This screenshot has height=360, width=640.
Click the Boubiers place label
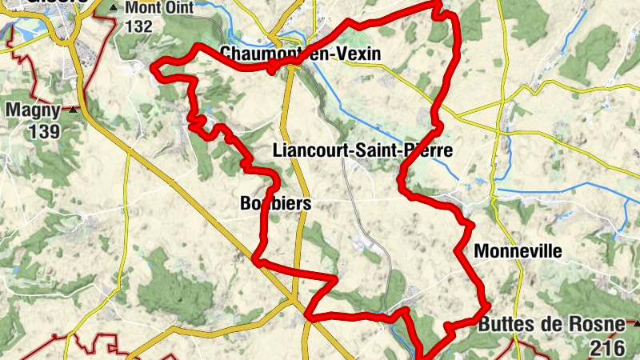pyautogui.click(x=275, y=204)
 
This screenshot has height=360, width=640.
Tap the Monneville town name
pyautogui.click(x=518, y=251)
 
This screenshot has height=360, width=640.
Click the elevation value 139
pyautogui.click(x=46, y=130)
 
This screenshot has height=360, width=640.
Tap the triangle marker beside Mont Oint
pyautogui.click(x=113, y=8)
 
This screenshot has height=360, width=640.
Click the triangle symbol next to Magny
pyautogui.click(x=74, y=110)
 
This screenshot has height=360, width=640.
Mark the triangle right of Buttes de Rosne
pyautogui.click(x=636, y=325)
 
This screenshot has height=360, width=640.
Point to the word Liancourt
pyautogui.click(x=308, y=150)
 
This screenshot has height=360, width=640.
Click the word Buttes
pyautogui.click(x=503, y=325)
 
